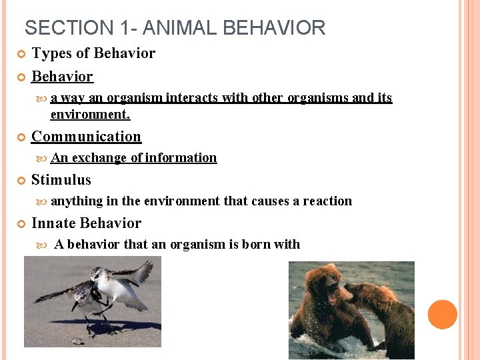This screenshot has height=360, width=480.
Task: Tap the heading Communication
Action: pyautogui.click(x=86, y=137)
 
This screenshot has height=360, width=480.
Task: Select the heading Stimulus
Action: pyautogui.click(x=61, y=180)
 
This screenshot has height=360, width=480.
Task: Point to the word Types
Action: pyautogui.click(x=51, y=53)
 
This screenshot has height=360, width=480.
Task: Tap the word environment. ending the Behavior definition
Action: pyautogui.click(x=90, y=115)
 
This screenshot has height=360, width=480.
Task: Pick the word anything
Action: pyautogui.click(x=77, y=201)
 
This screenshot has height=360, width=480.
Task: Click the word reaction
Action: pyautogui.click(x=327, y=201)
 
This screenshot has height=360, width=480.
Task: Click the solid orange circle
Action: pyautogui.click(x=443, y=315)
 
